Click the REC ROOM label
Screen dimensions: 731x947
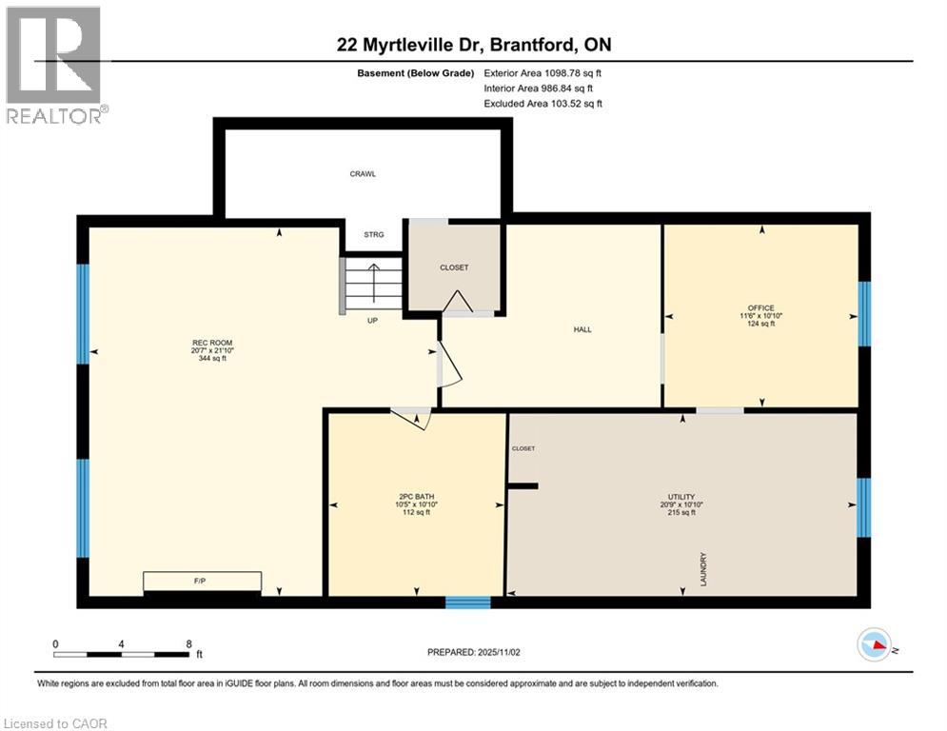click(x=211, y=343)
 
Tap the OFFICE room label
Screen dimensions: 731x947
click(x=760, y=307)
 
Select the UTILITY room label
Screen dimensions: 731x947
click(x=681, y=497)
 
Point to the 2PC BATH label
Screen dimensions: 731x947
click(x=417, y=497)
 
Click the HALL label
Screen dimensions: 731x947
click(x=582, y=329)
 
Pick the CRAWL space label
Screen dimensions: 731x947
click(x=362, y=174)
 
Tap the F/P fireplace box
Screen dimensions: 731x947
click(x=202, y=581)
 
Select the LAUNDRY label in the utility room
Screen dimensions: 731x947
click(x=703, y=568)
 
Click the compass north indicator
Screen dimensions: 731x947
click(x=875, y=646)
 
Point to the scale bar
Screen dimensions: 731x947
click(x=121, y=654)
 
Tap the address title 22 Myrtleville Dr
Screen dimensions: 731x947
click(x=473, y=45)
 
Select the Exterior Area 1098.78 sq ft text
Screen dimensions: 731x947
click(x=543, y=72)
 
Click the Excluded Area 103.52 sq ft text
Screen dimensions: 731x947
click(x=543, y=104)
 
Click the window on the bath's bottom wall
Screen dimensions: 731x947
click(x=468, y=602)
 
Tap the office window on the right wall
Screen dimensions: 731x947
click(x=864, y=313)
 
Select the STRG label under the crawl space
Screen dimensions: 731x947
click(x=373, y=234)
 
